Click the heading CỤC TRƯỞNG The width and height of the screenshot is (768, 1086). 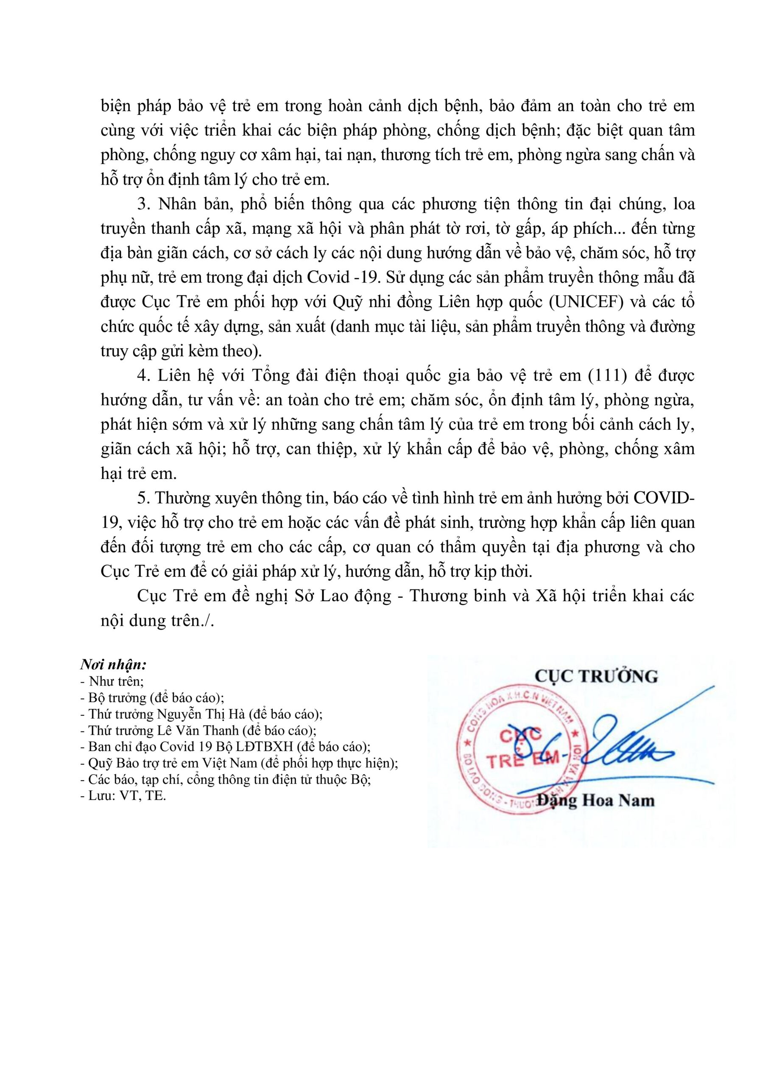coord(596,676)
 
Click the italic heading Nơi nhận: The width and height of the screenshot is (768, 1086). coord(113,665)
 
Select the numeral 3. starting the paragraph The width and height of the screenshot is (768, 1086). coord(142,204)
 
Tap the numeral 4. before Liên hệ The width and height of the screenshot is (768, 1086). coord(142,375)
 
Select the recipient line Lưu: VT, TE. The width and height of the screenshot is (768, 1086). coord(123,796)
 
